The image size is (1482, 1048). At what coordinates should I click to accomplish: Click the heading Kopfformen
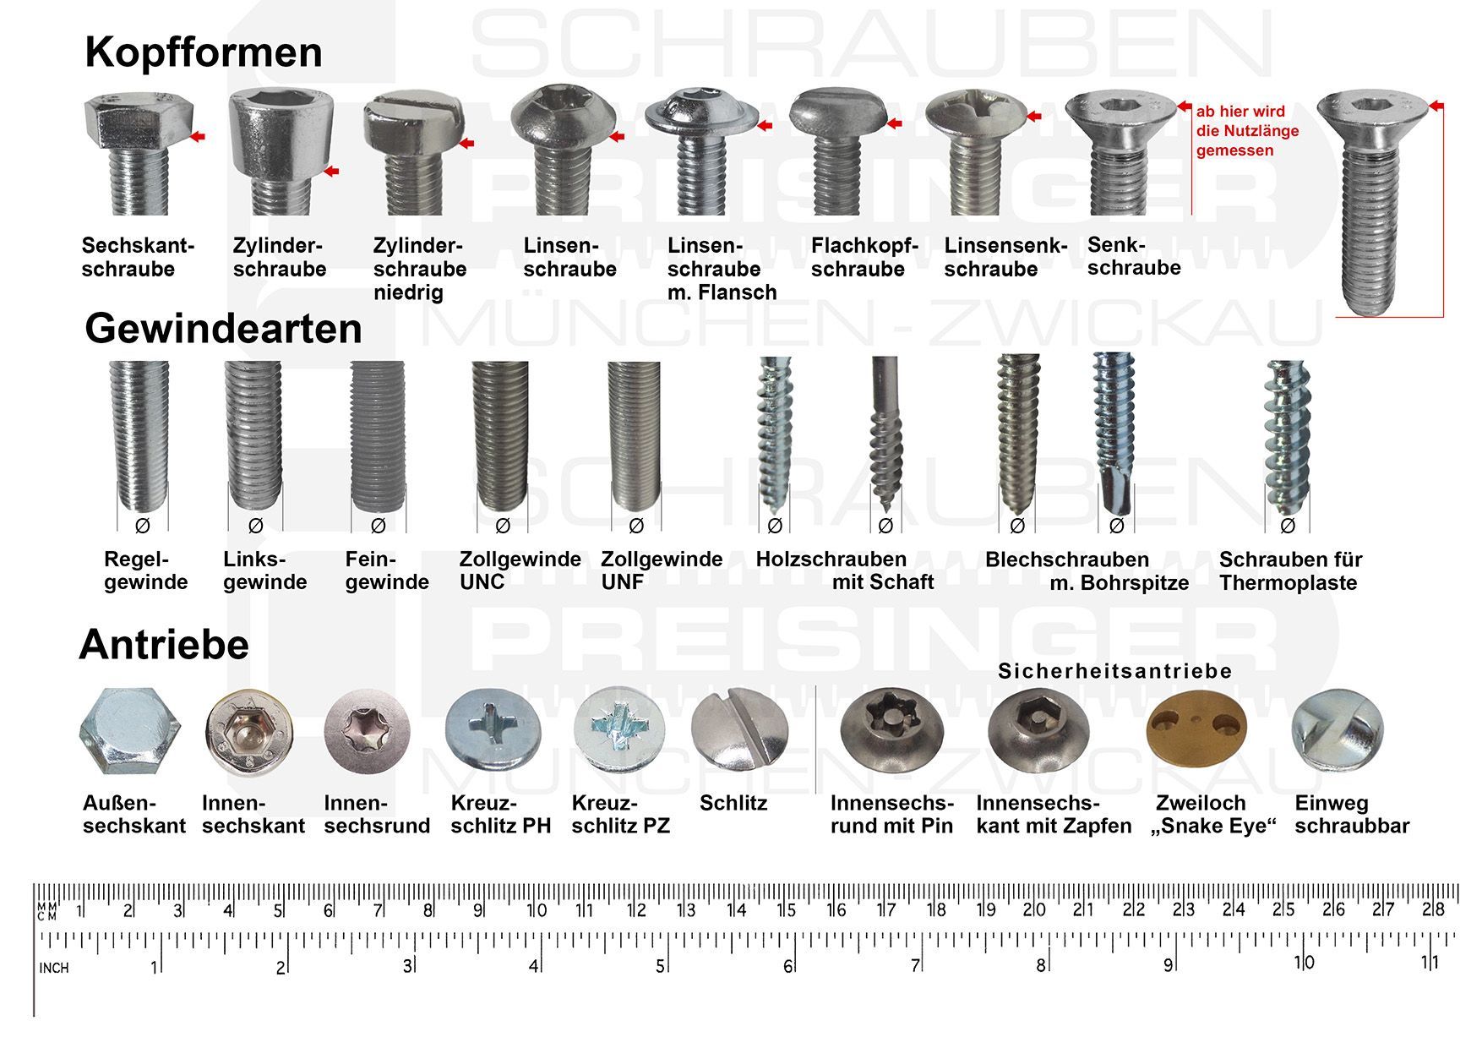[204, 52]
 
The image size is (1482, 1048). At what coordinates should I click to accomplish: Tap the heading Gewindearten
[223, 328]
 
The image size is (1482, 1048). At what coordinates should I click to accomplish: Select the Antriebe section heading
[164, 645]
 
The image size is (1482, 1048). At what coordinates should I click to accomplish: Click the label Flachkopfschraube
[864, 257]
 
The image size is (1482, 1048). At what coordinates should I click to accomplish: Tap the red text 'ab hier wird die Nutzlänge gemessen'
[1247, 131]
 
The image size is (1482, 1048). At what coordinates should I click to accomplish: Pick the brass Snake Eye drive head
[1196, 729]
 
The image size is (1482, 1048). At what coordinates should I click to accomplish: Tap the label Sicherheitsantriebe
[1114, 671]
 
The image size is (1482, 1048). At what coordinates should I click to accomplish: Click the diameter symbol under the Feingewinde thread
[378, 526]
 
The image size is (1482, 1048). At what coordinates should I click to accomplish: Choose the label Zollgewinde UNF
[662, 570]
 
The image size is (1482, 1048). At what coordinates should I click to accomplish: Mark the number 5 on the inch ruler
[660, 965]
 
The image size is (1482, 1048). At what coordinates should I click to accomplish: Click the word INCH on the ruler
[54, 968]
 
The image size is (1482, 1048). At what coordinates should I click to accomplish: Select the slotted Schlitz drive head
[739, 729]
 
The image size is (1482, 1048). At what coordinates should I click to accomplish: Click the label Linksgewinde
[264, 570]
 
